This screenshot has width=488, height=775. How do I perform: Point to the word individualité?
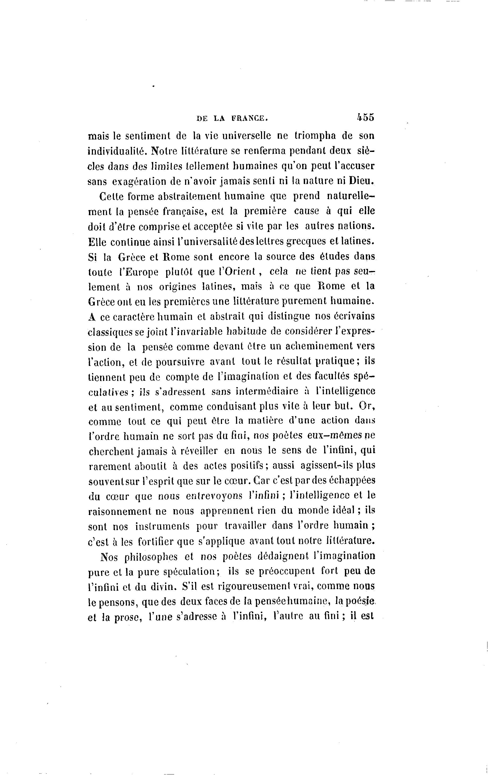tap(116, 151)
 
